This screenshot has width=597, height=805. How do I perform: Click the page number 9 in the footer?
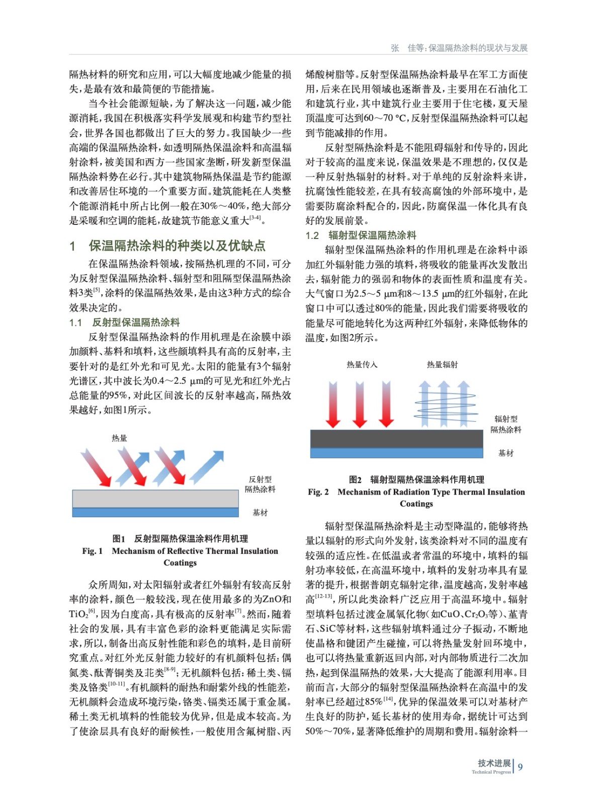(x=520, y=767)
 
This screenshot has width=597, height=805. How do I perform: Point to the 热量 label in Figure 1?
(x=119, y=438)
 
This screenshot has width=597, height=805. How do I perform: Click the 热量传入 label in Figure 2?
(x=362, y=365)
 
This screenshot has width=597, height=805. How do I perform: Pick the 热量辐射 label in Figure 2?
(x=442, y=365)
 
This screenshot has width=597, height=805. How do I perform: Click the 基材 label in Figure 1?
(x=260, y=513)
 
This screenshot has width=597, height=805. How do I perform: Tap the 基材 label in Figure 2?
(x=505, y=453)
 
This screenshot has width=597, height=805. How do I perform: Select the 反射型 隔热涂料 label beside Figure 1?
(x=260, y=484)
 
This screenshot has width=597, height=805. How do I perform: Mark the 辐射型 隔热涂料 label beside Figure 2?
(x=505, y=424)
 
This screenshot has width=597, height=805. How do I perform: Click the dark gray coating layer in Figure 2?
(x=396, y=439)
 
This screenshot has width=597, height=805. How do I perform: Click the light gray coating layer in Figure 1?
(x=155, y=499)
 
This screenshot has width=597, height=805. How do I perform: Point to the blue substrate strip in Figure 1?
(x=155, y=513)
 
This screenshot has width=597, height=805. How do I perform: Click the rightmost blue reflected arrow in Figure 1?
(x=207, y=467)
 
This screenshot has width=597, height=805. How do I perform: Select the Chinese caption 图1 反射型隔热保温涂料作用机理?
(x=180, y=539)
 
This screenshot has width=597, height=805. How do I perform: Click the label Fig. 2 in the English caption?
(x=318, y=492)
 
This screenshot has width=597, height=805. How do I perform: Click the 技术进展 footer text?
(x=494, y=763)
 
